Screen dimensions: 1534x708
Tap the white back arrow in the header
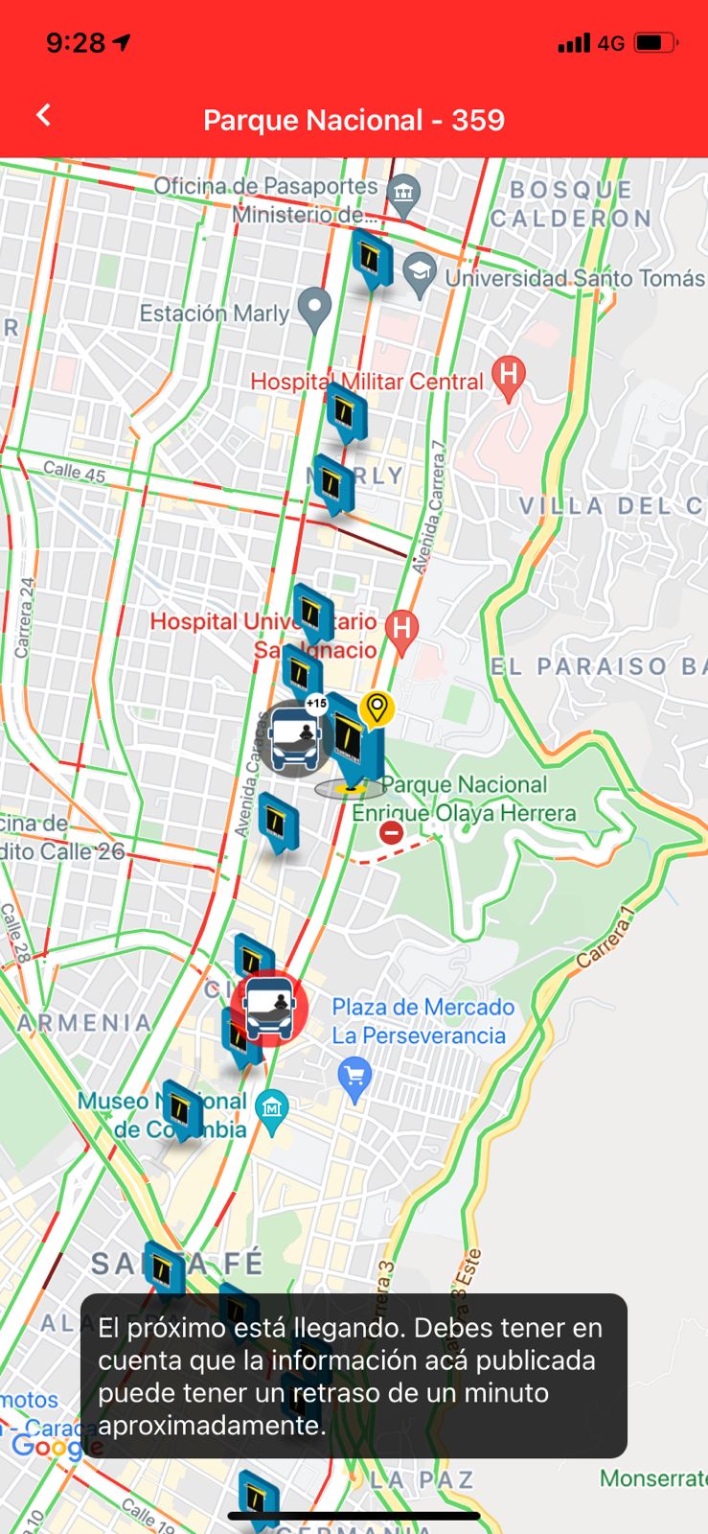click(x=43, y=116)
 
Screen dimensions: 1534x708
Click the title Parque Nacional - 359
click(x=354, y=120)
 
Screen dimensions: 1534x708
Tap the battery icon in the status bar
click(x=656, y=43)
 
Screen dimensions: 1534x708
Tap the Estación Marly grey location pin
click(x=314, y=309)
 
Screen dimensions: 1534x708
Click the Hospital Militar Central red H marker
click(x=509, y=376)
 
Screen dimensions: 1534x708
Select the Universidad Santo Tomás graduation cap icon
click(x=420, y=273)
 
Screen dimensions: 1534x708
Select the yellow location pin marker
click(x=377, y=709)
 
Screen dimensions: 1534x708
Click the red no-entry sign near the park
click(x=391, y=832)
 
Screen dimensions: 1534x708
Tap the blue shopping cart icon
click(x=354, y=1077)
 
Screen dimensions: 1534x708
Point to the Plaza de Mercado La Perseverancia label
click(x=422, y=1021)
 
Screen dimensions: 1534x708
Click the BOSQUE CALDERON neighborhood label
click(x=571, y=204)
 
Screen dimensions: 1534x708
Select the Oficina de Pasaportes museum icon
click(x=403, y=195)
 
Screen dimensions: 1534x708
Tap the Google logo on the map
click(x=44, y=1446)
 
